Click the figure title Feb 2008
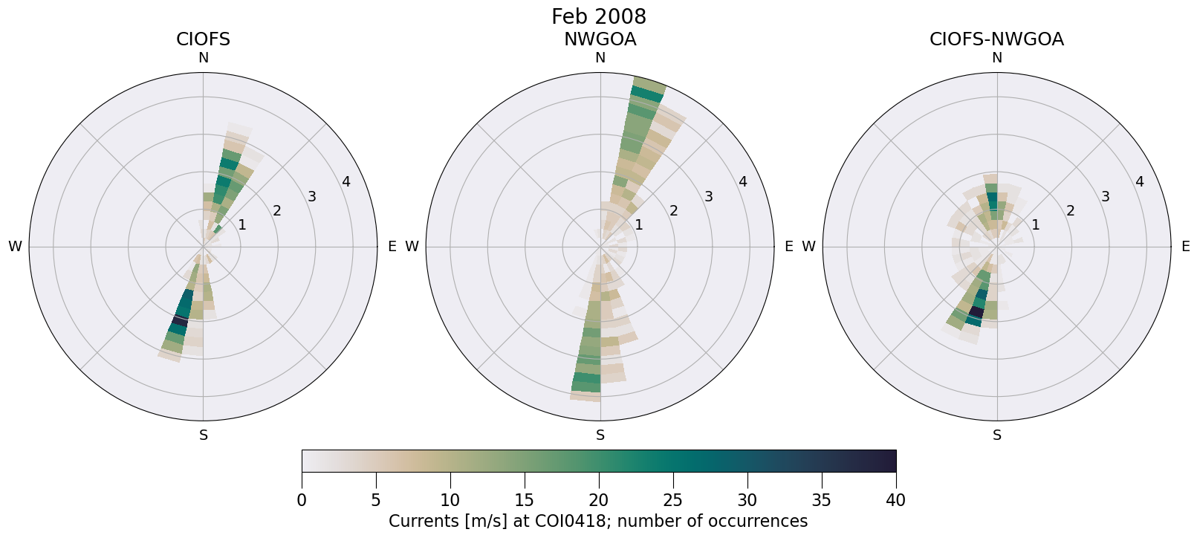pos(598,16)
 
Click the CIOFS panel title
pos(203,39)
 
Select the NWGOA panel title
pos(600,39)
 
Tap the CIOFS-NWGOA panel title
pos(996,39)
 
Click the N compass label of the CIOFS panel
pos(203,58)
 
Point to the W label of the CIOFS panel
pos(15,247)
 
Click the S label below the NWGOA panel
pos(600,435)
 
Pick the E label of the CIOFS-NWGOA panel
pos(1185,247)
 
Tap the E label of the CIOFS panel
pos(392,247)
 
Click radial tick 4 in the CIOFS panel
pos(346,182)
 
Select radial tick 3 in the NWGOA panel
pos(708,196)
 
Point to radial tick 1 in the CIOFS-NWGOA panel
pos(1035,224)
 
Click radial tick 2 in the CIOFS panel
pos(276,211)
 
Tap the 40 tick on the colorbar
pos(895,501)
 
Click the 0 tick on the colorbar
pos(302,501)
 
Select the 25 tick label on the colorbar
pos(672,501)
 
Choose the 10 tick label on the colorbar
pos(450,501)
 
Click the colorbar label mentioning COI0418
pos(598,521)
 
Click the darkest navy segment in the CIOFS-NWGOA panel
pos(975,312)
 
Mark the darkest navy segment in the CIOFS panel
pos(178,320)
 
